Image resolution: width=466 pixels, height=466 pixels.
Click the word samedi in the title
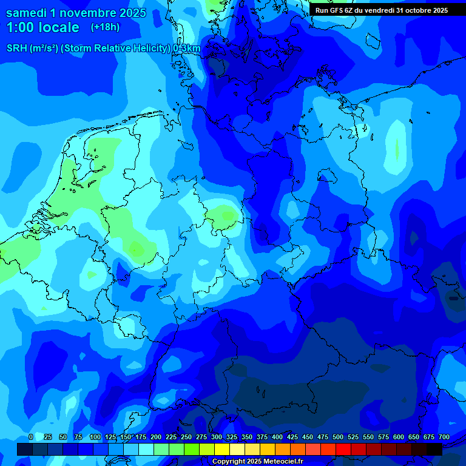tap(27, 13)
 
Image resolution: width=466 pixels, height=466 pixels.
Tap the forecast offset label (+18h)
tap(105, 27)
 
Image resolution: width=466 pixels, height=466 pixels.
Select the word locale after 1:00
tap(58, 27)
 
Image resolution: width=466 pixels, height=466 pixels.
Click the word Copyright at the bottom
tap(228, 462)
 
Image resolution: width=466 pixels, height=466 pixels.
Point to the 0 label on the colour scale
tap(31, 437)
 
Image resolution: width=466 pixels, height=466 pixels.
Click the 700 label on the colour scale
tap(444, 437)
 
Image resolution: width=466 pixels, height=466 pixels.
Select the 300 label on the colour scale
tap(217, 437)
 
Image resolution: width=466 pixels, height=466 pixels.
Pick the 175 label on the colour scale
tap(141, 437)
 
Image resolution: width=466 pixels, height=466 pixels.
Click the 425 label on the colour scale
tap(292, 437)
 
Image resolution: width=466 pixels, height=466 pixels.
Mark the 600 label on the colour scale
tap(399, 437)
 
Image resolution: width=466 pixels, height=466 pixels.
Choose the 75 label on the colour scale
tap(78, 437)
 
